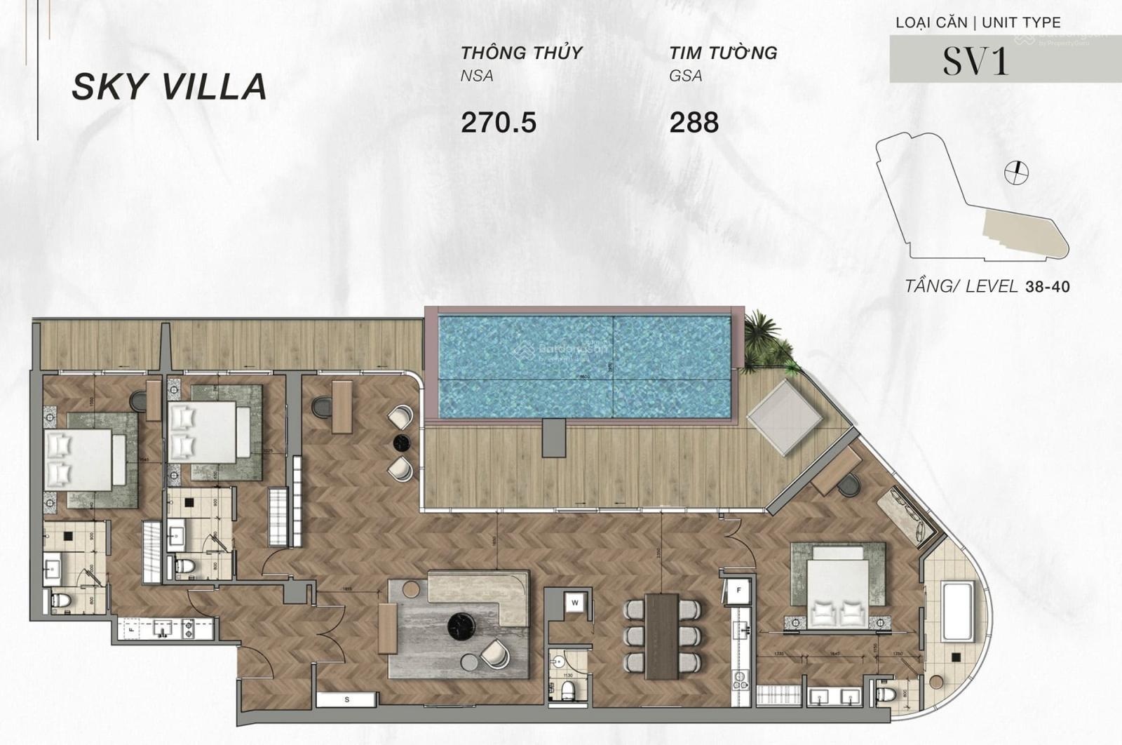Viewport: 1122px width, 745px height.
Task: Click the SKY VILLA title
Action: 169,86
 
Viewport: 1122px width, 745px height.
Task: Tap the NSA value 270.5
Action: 498,123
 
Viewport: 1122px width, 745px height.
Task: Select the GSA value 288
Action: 694,123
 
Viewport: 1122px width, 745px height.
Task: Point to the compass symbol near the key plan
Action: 1015,172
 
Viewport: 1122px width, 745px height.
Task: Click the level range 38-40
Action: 1047,287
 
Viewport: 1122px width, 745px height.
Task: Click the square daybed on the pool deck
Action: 783,417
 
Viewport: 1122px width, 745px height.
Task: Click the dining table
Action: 661,636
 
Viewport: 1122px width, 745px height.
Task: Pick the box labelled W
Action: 575,603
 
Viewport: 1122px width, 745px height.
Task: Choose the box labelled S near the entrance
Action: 346,699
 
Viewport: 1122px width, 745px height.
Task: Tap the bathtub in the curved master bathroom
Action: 957,611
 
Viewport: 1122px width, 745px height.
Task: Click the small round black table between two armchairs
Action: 402,443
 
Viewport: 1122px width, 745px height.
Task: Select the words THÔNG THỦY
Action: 521,53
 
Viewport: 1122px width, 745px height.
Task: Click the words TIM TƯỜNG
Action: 722,53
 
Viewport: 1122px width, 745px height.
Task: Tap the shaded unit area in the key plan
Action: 1020,232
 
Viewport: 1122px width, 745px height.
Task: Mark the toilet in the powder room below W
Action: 568,689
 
